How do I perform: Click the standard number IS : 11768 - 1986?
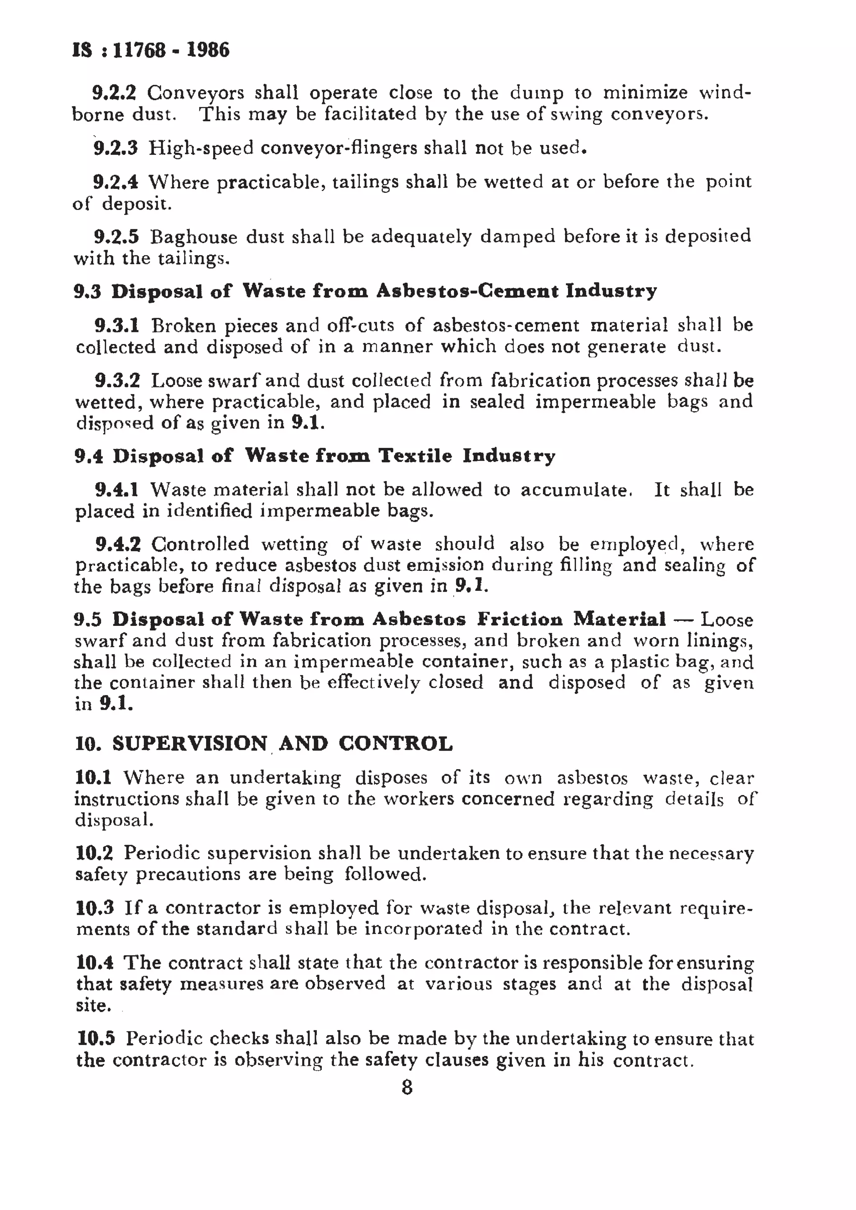[151, 50]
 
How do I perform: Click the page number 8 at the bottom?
[407, 1087]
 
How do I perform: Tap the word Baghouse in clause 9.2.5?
[193, 237]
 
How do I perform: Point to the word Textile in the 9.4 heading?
[415, 456]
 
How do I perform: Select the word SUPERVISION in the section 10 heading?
[190, 744]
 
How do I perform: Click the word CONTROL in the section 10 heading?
[395, 744]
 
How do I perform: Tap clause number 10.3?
[94, 908]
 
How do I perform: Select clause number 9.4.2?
[117, 543]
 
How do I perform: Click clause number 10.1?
[93, 777]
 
